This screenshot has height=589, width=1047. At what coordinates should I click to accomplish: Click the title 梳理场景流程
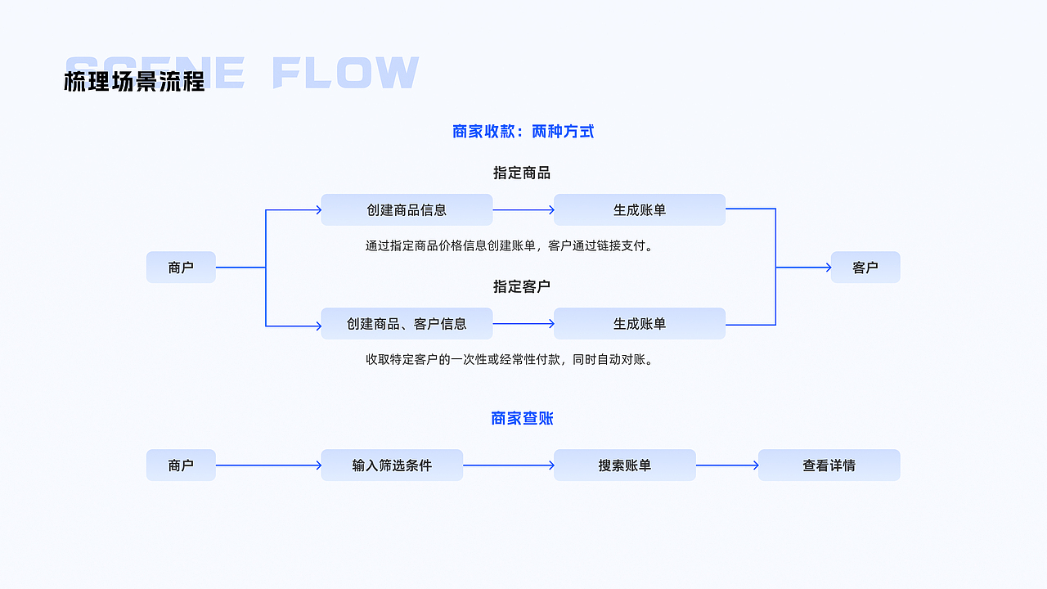[x=134, y=81]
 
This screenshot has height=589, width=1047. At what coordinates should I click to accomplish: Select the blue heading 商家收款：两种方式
[x=523, y=131]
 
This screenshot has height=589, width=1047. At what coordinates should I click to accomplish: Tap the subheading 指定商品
[x=521, y=173]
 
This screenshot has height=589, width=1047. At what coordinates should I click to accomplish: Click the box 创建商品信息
[x=407, y=209]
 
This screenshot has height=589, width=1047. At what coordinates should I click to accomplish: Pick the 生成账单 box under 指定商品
[x=640, y=209]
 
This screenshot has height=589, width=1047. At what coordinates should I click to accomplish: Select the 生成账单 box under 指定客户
[x=640, y=323]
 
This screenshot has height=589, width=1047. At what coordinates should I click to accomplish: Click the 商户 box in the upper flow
[x=181, y=267]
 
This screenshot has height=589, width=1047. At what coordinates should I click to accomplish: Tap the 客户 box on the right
[x=865, y=267]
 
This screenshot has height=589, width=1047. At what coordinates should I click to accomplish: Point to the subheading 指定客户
[x=521, y=286]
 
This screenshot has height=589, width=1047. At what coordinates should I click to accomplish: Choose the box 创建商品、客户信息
[x=407, y=323]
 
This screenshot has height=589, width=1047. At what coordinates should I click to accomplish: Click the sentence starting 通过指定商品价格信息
[x=510, y=245]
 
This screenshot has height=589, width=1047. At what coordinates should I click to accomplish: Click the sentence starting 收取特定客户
[x=510, y=359]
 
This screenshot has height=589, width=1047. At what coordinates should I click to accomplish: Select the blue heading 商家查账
[x=522, y=418]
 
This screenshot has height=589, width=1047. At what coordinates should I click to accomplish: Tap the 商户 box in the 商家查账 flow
[x=181, y=465]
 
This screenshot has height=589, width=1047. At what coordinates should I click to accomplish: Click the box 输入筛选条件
[x=392, y=465]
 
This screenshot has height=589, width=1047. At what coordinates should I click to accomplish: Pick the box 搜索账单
[x=625, y=465]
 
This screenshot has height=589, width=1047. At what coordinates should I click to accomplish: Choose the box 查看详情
[x=829, y=465]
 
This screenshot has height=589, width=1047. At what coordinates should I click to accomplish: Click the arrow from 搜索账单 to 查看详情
[x=727, y=465]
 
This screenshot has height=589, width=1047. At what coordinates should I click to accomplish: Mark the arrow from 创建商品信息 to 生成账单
[x=523, y=210]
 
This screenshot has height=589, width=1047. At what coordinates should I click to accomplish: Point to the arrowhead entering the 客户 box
[x=827, y=268]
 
